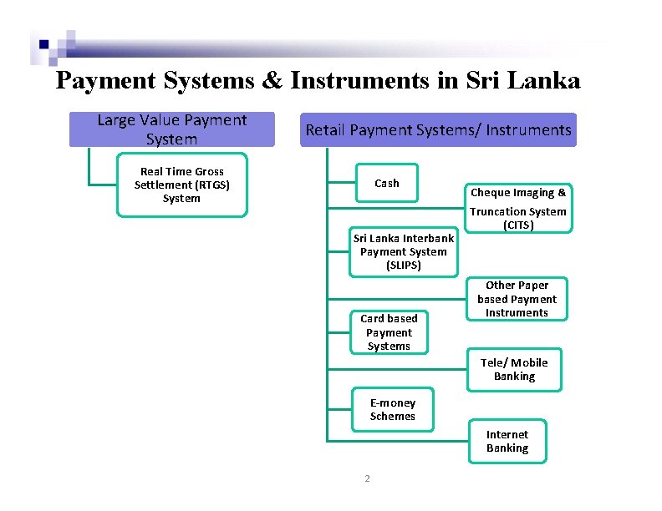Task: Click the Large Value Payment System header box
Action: tap(171, 130)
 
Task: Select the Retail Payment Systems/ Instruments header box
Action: tap(438, 130)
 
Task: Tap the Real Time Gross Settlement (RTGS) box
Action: tap(181, 185)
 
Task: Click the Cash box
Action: tap(387, 183)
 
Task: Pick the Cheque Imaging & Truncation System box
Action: tap(518, 208)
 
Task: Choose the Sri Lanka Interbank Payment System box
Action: tap(404, 251)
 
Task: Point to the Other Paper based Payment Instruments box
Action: tap(517, 299)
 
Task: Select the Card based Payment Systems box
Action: tap(389, 331)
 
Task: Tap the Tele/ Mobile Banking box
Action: tap(514, 369)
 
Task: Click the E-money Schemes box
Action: tap(392, 409)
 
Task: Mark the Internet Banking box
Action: tap(507, 441)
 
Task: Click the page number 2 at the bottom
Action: tap(366, 478)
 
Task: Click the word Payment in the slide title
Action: tap(105, 81)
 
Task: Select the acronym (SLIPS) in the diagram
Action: tap(404, 266)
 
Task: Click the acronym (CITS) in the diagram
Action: tap(518, 225)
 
